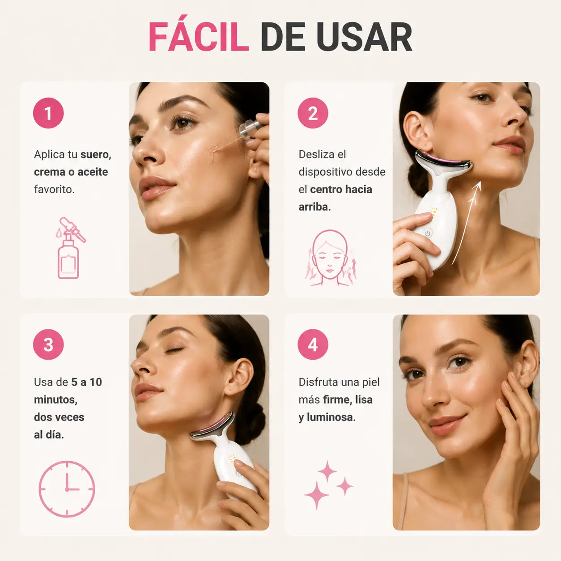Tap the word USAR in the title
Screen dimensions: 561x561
coord(364,37)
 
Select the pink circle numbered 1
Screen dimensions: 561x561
coord(48,113)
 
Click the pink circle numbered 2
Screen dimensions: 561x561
coord(313,113)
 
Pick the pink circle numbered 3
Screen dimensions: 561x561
coord(48,344)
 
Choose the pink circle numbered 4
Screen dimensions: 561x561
coord(313,344)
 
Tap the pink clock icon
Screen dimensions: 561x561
coord(67,489)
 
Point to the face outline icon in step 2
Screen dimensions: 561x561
coord(330,258)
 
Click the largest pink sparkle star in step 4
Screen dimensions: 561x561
coord(316,495)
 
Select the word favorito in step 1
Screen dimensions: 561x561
coord(54,190)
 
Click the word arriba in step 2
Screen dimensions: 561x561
coord(314,207)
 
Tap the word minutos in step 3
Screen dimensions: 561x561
coord(55,400)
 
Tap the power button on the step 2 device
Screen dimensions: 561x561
coord(427,233)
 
